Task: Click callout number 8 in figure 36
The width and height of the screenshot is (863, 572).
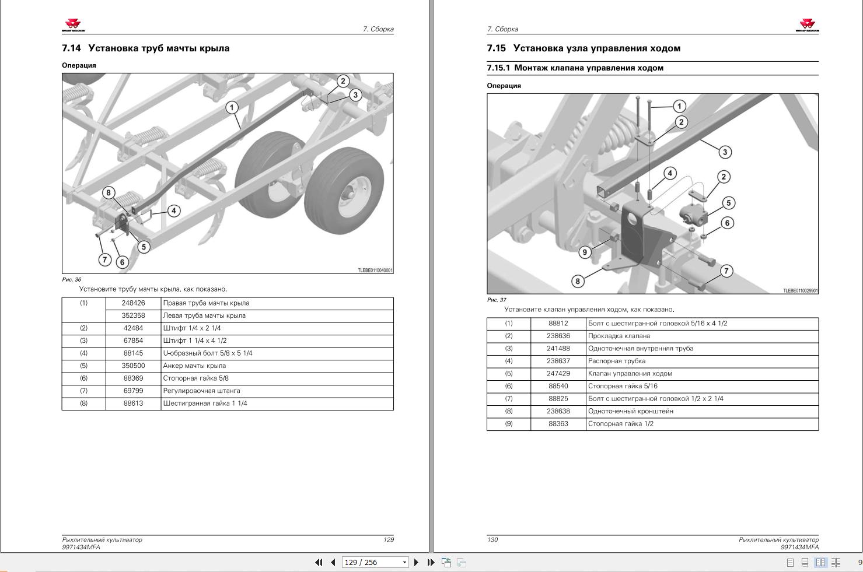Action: coord(108,192)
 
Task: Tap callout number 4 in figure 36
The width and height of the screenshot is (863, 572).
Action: coord(173,210)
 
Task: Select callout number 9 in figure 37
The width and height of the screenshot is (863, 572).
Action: coord(585,252)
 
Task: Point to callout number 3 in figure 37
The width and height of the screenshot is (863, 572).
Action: coord(724,152)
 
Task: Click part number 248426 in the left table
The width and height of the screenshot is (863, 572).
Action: coord(133,303)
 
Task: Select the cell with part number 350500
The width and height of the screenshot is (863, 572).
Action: coord(133,366)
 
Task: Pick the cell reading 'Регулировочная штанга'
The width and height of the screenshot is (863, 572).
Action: coord(201,391)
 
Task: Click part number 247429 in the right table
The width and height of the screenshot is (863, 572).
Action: coord(558,374)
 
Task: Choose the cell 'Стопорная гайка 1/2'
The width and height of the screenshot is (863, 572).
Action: coord(620,424)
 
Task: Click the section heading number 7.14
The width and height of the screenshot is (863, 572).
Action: coord(71,48)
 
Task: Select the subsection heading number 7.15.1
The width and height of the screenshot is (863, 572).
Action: coord(498,68)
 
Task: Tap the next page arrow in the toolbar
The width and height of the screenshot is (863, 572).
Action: coord(416,563)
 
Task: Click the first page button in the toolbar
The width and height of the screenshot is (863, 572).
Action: coord(319,563)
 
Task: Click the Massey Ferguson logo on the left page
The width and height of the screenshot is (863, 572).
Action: coord(74,24)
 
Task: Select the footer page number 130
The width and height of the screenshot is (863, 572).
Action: coord(492,540)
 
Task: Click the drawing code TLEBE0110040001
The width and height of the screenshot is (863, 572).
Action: coord(375,271)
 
